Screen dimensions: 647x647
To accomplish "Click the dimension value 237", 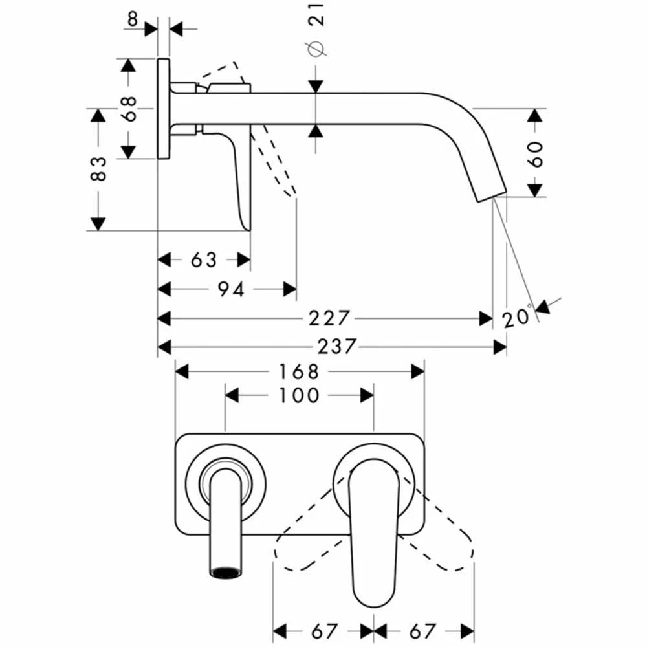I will tap(336, 347).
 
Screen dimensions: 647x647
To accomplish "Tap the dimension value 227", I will tap(330, 318).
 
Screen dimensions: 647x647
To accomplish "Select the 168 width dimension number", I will tap(300, 371).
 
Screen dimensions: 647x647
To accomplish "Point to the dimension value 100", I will tap(300, 395).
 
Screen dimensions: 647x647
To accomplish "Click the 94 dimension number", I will tap(230, 289).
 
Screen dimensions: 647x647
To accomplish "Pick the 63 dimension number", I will tap(204, 260).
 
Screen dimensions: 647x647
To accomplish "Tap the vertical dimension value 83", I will tap(98, 169).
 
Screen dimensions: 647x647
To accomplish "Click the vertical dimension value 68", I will tap(128, 108).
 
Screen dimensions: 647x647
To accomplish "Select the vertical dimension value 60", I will tap(535, 154).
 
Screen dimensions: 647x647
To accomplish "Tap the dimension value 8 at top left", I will tap(133, 17).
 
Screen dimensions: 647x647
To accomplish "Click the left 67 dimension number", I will tap(324, 630).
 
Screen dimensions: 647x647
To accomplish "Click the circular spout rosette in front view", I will tap(225, 481).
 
